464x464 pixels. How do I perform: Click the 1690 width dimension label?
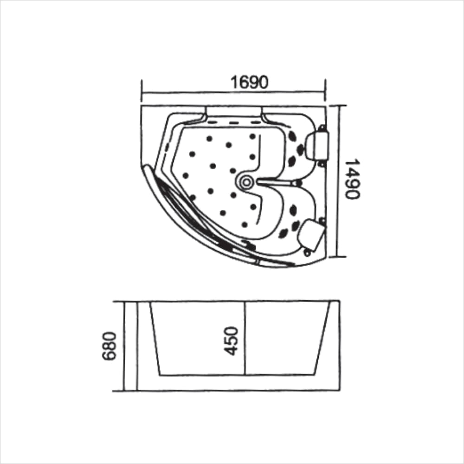[x=250, y=82]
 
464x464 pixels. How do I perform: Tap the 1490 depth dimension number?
[x=353, y=179]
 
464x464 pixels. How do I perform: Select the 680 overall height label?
[x=110, y=346]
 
